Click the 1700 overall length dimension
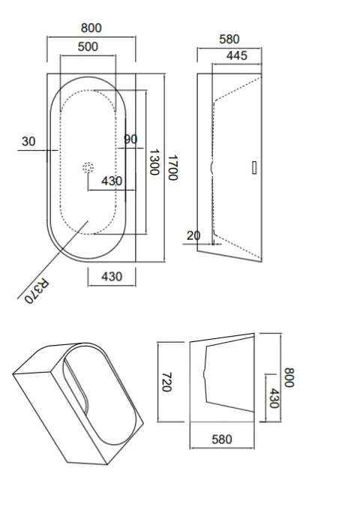[172, 167]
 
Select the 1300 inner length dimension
[154, 162]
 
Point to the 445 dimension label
[236, 55]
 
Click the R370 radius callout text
[36, 291]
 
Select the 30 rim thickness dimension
[28, 141]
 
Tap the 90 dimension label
[130, 139]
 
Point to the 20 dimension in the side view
[193, 235]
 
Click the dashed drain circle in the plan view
[88, 168]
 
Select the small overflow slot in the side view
[253, 168]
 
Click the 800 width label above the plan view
[91, 28]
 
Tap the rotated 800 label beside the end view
[290, 377]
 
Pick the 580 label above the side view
[229, 39]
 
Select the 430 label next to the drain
[112, 181]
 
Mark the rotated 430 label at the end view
[274, 397]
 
